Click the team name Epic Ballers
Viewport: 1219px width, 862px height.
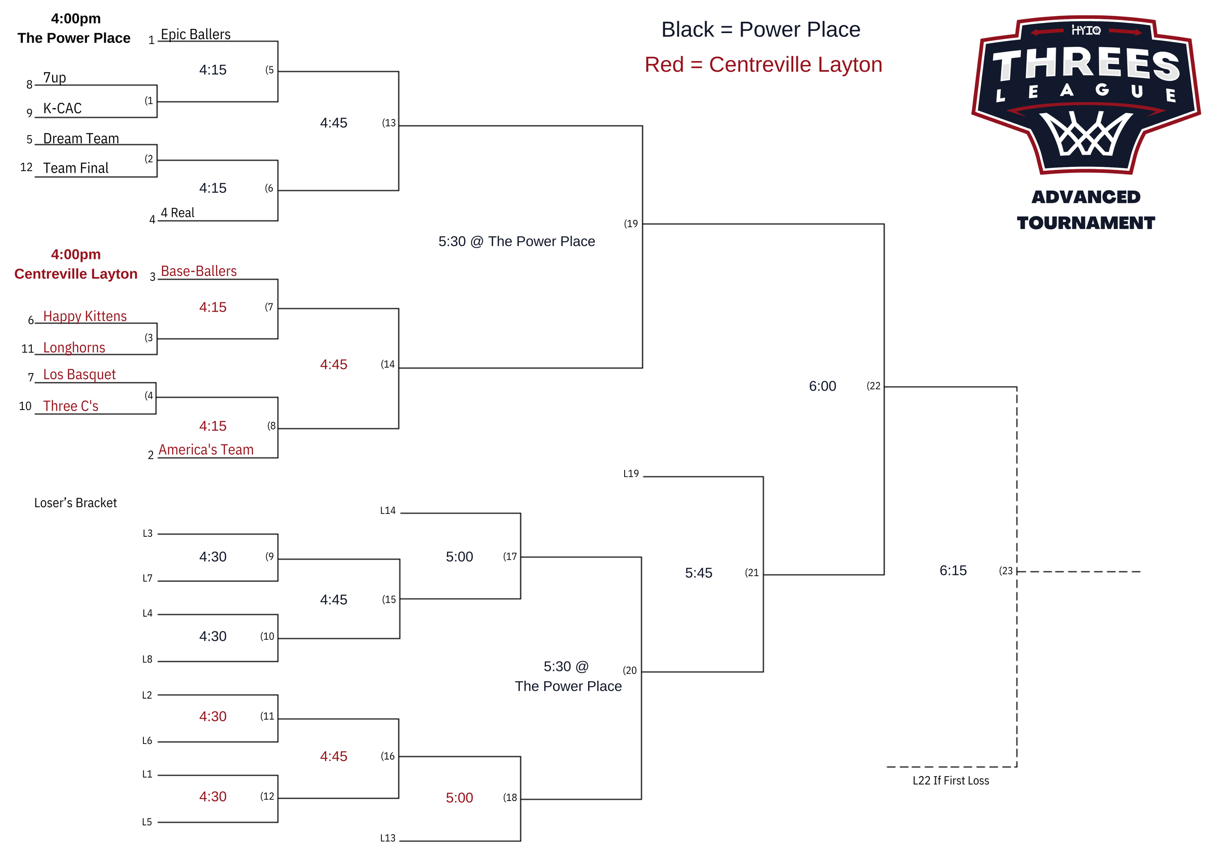pos(196,35)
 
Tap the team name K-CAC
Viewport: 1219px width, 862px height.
pos(62,108)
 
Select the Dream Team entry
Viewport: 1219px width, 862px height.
pos(81,138)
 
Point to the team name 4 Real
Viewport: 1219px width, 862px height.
pos(177,213)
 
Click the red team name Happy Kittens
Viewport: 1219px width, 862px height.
pos(85,316)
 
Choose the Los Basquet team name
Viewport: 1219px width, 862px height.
pos(79,375)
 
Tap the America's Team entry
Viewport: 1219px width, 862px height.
pos(206,450)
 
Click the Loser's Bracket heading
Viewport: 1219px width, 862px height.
pos(76,503)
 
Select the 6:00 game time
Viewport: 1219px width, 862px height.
pos(823,387)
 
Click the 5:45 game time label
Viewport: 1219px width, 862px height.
pos(698,573)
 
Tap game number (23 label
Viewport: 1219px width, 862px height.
pos(1005,571)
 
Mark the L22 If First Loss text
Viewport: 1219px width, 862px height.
pos(950,780)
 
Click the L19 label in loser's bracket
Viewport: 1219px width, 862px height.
pos(631,473)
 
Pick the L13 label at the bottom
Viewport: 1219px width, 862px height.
pos(388,838)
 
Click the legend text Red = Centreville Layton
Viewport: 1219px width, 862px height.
pos(763,65)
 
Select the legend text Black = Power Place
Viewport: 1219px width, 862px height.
pos(760,30)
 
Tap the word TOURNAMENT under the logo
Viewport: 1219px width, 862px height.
pos(1086,223)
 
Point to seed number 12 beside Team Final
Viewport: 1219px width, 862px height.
pos(26,167)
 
